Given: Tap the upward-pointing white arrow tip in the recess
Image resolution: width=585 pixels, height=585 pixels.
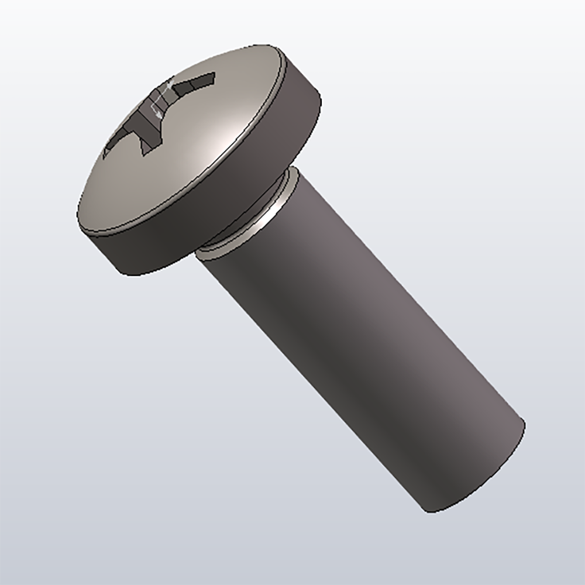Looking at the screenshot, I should tap(170, 85).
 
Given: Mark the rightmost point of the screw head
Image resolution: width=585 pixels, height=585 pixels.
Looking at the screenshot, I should tap(321, 99).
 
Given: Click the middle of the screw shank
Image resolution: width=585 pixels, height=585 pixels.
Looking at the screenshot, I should tap(357, 339).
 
